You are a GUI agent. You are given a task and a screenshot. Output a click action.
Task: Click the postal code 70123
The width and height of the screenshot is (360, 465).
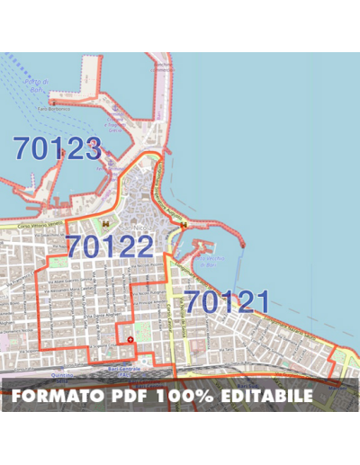[56, 148]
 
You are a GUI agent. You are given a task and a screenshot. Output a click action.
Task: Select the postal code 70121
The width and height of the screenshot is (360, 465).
[227, 302]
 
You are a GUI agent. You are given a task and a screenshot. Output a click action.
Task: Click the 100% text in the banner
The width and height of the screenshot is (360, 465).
[179, 395]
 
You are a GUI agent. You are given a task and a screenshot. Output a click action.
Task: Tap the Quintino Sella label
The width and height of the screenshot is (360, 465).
[63, 377]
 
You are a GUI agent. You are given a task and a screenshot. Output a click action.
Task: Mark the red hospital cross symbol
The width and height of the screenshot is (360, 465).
[130, 338]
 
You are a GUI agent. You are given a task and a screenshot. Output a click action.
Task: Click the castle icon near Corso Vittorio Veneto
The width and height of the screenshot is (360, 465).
[105, 219]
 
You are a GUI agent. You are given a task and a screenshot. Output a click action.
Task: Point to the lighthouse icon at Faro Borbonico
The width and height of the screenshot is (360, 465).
[54, 103]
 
